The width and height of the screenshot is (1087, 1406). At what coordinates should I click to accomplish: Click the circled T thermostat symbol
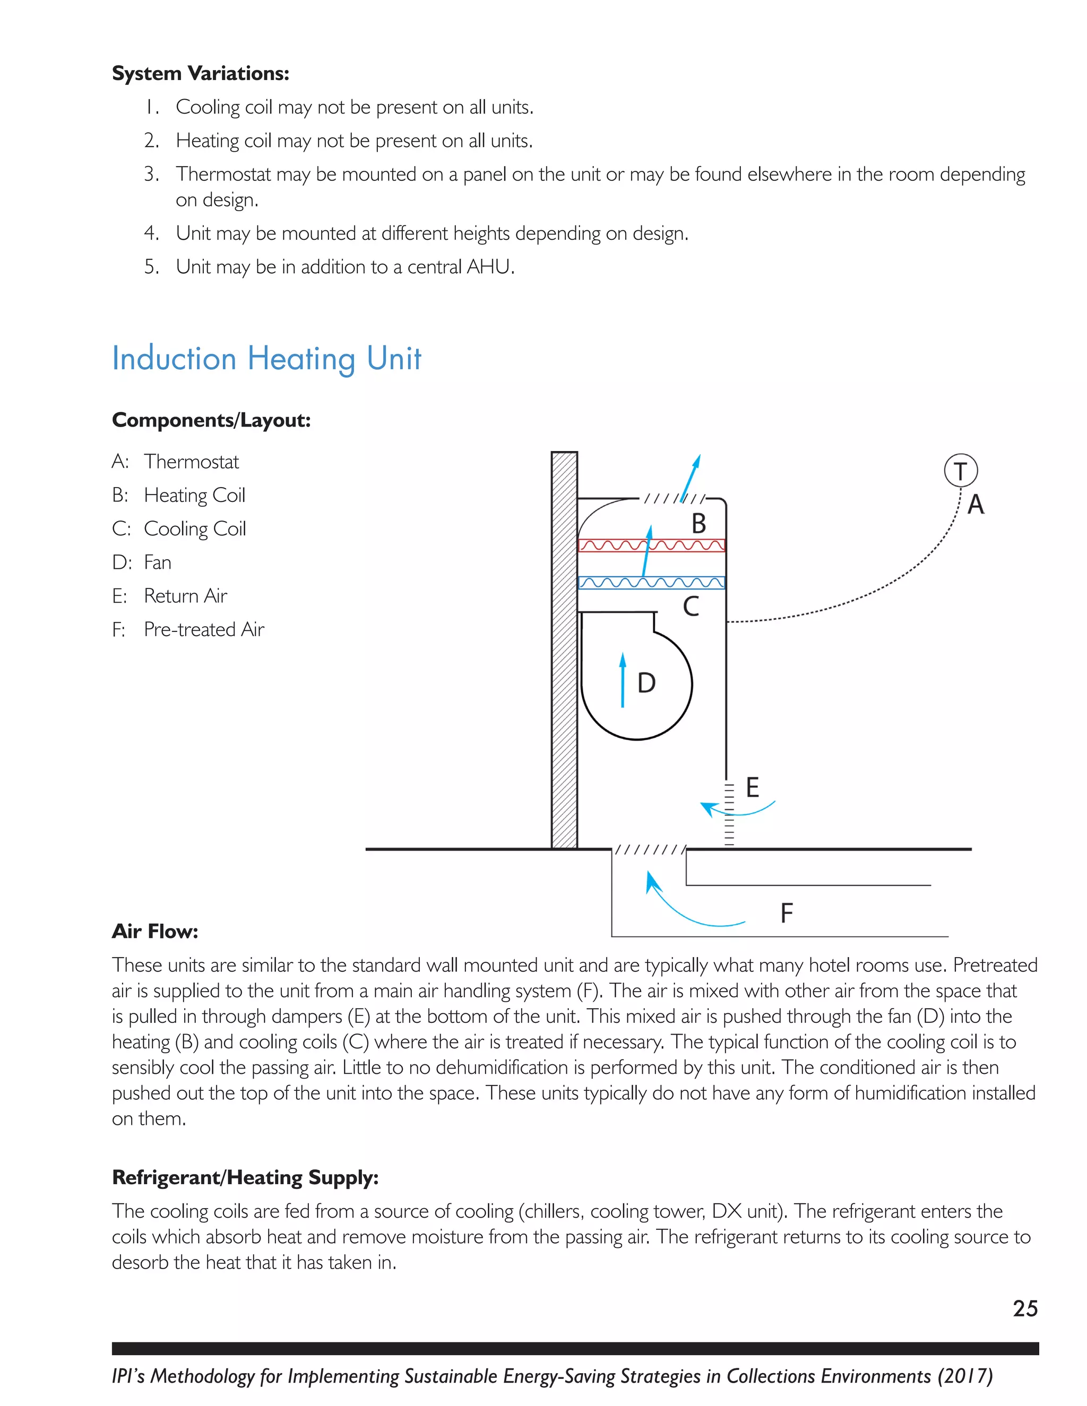click(960, 471)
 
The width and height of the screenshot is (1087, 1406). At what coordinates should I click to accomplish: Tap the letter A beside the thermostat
click(976, 505)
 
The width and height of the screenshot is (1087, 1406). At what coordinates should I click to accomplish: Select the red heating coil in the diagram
click(651, 546)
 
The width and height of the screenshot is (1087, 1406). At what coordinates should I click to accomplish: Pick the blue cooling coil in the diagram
click(651, 583)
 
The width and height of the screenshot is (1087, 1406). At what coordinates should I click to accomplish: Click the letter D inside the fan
click(646, 683)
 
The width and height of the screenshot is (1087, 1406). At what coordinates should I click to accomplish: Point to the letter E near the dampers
click(752, 787)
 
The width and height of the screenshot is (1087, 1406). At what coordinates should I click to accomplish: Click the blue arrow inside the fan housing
click(622, 680)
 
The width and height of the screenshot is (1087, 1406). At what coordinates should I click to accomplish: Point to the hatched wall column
click(564, 650)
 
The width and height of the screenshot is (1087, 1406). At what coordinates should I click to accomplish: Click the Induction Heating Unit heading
click(266, 359)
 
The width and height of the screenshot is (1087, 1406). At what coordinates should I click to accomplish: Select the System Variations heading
click(200, 73)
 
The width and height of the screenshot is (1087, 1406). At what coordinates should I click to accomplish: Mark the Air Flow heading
click(154, 932)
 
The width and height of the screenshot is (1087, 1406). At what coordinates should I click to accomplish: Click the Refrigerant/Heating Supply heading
click(245, 1177)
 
